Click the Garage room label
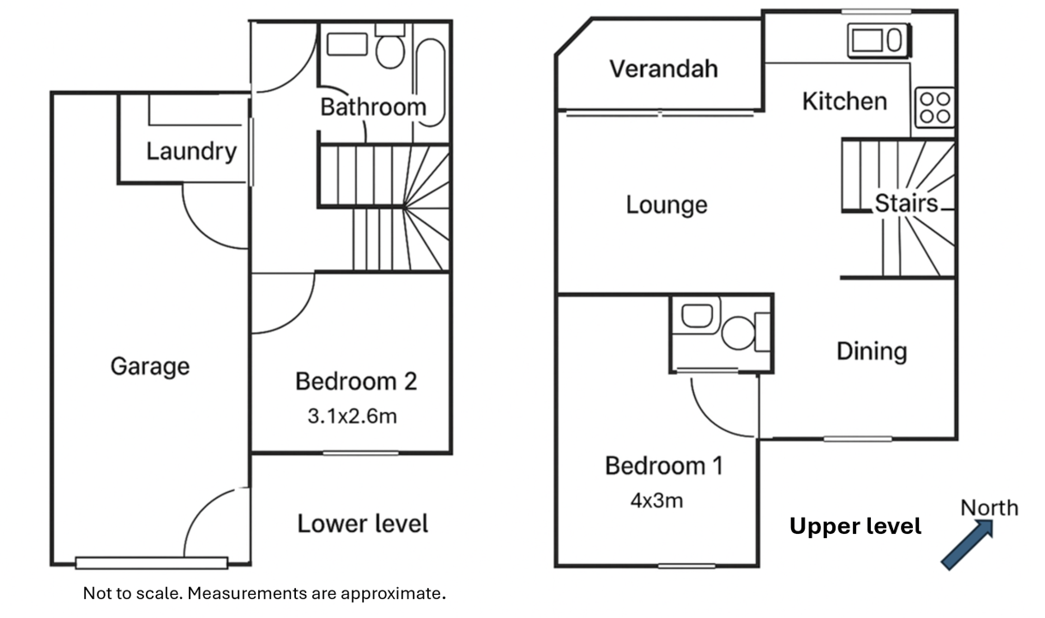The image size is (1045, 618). click(150, 367)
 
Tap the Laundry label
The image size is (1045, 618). click(191, 151)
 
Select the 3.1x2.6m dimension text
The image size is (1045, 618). click(353, 416)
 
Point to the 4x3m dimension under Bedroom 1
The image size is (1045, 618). click(657, 500)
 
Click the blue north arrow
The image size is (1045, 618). click(967, 545)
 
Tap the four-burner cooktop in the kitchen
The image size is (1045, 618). click(935, 107)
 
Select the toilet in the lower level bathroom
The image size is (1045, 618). click(390, 46)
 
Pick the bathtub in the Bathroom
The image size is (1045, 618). click(431, 82)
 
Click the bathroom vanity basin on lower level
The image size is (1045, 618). click(347, 45)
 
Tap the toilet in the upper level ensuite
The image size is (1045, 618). click(745, 333)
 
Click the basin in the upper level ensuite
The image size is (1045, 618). click(697, 316)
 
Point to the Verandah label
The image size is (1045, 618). click(664, 69)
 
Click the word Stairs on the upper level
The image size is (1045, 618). click(906, 203)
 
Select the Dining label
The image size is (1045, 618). click(872, 351)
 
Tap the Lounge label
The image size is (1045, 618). click(667, 205)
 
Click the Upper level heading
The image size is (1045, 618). click(855, 526)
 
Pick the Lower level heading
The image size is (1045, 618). click(362, 524)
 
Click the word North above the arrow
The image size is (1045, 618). click(989, 508)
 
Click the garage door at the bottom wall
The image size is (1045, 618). click(152, 563)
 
